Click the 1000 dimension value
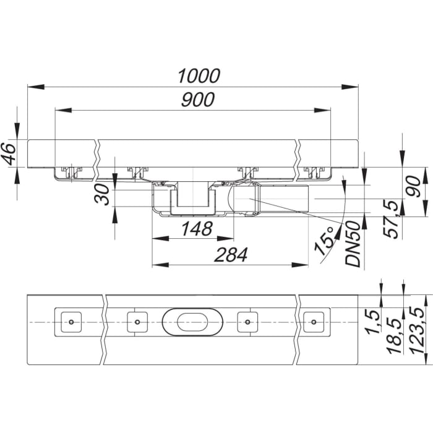click(x=199, y=76)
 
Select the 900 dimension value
click(x=198, y=100)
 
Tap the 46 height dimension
click(x=9, y=153)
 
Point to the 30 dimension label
click(x=105, y=196)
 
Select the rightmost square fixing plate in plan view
click(x=314, y=322)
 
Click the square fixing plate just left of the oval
click(x=137, y=322)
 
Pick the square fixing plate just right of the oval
click(x=247, y=322)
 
